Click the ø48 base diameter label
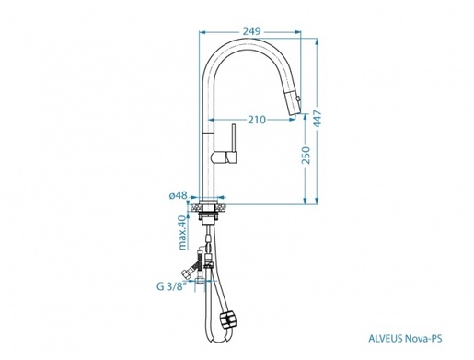(178, 194)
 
